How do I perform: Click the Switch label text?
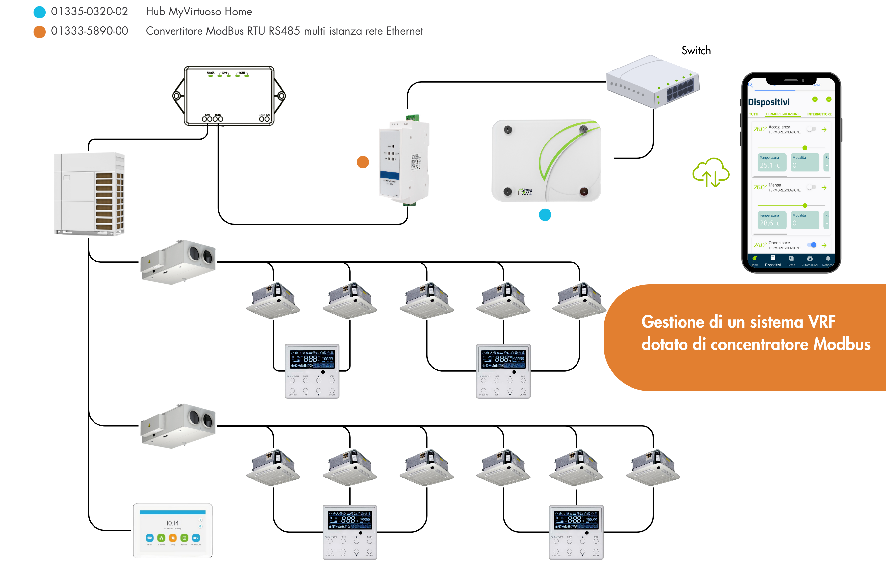pyautogui.click(x=696, y=51)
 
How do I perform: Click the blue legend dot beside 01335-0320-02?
pyautogui.click(x=40, y=12)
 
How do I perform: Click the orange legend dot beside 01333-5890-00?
pyautogui.click(x=40, y=32)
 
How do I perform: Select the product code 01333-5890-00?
pyautogui.click(x=89, y=31)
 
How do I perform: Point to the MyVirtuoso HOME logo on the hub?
pyautogui.click(x=525, y=192)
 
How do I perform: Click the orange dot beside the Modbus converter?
pyautogui.click(x=362, y=162)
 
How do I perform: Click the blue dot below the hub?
pyautogui.click(x=545, y=215)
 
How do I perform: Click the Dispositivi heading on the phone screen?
pyautogui.click(x=768, y=102)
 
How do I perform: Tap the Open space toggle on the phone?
pyautogui.click(x=812, y=245)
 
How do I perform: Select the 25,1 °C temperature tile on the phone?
pyautogui.click(x=772, y=162)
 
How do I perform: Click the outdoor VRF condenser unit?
pyautogui.click(x=89, y=194)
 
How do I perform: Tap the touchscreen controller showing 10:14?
pyautogui.click(x=173, y=530)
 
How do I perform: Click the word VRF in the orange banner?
pyautogui.click(x=821, y=322)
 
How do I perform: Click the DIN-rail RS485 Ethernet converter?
pyautogui.click(x=404, y=160)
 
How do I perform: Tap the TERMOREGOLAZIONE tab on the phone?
pyautogui.click(x=783, y=114)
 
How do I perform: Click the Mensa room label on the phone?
pyautogui.click(x=775, y=185)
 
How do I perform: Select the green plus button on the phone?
pyautogui.click(x=815, y=99)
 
